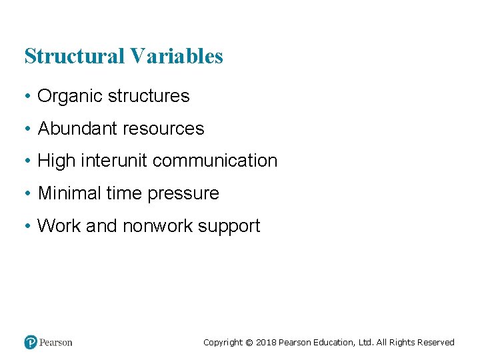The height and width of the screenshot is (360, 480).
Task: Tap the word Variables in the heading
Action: click(x=177, y=57)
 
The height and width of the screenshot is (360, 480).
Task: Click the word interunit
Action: click(x=111, y=161)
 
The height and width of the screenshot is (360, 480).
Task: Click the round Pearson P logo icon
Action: click(x=31, y=342)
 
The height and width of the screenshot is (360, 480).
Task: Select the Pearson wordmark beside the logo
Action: click(x=55, y=342)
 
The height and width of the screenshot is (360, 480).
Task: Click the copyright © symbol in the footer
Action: click(x=249, y=343)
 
